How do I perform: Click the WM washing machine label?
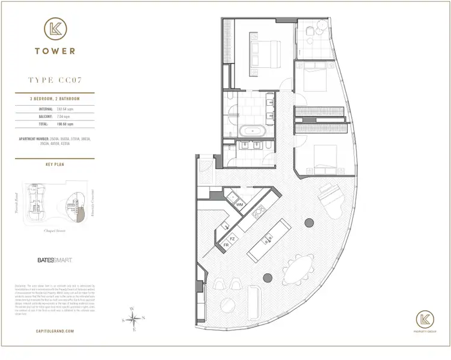239,205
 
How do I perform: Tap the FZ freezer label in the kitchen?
232,239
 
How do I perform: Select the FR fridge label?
226,246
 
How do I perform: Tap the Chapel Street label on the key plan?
55,230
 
